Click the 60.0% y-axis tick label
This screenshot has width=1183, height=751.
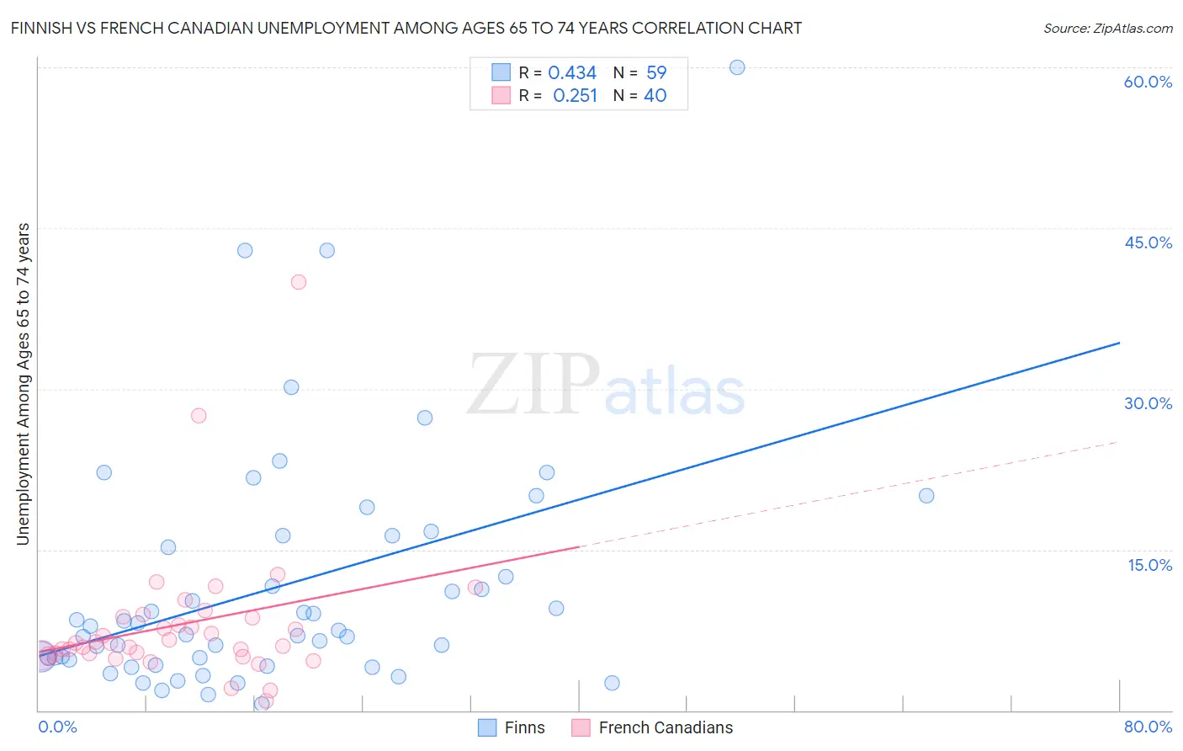pyautogui.click(x=1148, y=82)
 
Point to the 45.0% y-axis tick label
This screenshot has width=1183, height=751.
pyautogui.click(x=1148, y=242)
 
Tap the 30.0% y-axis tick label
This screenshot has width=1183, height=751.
pyautogui.click(x=1148, y=403)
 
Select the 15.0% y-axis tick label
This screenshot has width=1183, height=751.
pyautogui.click(x=1149, y=565)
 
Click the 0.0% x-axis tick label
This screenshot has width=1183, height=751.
pyautogui.click(x=57, y=727)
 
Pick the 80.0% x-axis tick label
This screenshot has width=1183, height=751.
pyautogui.click(x=1148, y=727)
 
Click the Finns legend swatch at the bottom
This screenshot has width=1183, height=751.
pyautogui.click(x=487, y=727)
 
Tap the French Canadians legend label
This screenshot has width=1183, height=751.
pyautogui.click(x=666, y=727)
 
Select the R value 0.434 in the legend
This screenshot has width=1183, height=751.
pyautogui.click(x=572, y=73)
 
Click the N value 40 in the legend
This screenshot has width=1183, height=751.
pyautogui.click(x=655, y=96)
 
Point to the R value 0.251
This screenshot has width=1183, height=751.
pyautogui.click(x=575, y=96)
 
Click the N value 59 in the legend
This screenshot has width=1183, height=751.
pyautogui.click(x=656, y=73)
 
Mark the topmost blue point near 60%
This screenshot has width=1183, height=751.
pyautogui.click(x=737, y=67)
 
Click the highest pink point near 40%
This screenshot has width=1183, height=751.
pyautogui.click(x=299, y=282)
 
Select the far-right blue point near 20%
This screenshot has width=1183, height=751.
pyautogui.click(x=926, y=496)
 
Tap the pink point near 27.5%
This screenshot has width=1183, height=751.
pyautogui.click(x=199, y=415)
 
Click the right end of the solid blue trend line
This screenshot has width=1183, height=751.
pyautogui.click(x=1119, y=343)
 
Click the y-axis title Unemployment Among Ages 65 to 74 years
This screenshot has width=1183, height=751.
pyautogui.click(x=23, y=384)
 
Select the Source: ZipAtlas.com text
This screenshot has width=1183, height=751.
pyautogui.click(x=1107, y=28)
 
